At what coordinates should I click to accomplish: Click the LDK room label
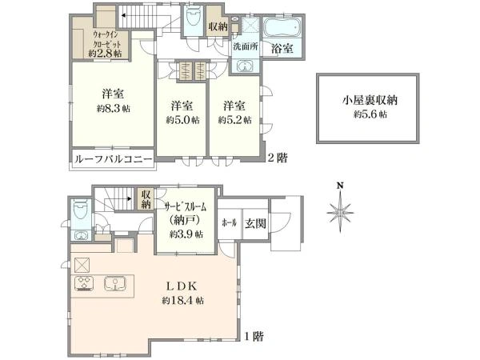pyautogui.click(x=182, y=286)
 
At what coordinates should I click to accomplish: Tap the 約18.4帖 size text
pyautogui.click(x=182, y=300)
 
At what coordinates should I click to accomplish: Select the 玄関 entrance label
pyautogui.click(x=255, y=224)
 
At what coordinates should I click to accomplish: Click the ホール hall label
pyautogui.click(x=230, y=223)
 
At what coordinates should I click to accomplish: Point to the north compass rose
pyautogui.click(x=340, y=212)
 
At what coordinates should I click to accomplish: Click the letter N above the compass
pyautogui.click(x=340, y=186)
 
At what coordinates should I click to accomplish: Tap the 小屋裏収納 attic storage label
pyautogui.click(x=370, y=100)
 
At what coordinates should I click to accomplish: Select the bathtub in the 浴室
pyautogui.click(x=283, y=29)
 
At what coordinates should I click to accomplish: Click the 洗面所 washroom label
pyautogui.click(x=246, y=46)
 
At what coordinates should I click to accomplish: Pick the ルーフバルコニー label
pyautogui.click(x=114, y=159)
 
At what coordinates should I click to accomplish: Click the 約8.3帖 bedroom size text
pyautogui.click(x=114, y=108)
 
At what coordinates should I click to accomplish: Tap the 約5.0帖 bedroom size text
pyautogui.click(x=182, y=120)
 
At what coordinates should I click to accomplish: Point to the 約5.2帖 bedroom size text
pyautogui.click(x=234, y=120)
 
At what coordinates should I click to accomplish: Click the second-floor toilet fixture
pyautogui.click(x=193, y=17)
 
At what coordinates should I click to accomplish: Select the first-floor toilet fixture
pyautogui.click(x=81, y=209)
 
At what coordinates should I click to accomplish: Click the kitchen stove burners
pyautogui.click(x=84, y=283)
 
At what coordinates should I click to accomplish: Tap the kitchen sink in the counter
pyautogui.click(x=114, y=283)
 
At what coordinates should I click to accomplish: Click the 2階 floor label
pyautogui.click(x=278, y=158)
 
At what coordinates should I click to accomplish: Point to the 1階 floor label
pyautogui.click(x=254, y=337)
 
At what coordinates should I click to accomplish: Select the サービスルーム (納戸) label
pyautogui.click(x=186, y=214)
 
